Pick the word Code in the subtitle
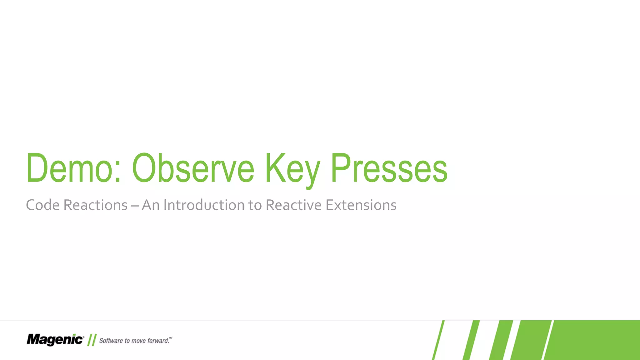click(x=42, y=205)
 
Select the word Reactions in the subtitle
click(x=95, y=205)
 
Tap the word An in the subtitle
click(x=151, y=205)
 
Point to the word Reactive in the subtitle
click(x=293, y=205)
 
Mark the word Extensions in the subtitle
click(x=361, y=205)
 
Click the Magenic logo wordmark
click(x=55, y=340)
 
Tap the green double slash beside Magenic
click(x=92, y=340)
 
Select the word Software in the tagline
click(x=111, y=341)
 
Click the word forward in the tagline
click(x=158, y=341)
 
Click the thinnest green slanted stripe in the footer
click(x=438, y=340)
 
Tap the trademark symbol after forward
click(x=170, y=338)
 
